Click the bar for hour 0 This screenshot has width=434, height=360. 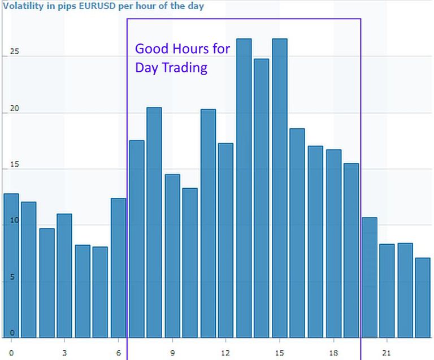pos(11,266)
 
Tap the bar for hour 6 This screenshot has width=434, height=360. pos(118,268)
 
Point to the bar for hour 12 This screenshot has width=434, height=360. pos(225,240)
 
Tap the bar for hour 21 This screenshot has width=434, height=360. pos(387,291)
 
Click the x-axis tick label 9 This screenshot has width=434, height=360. pos(172,353)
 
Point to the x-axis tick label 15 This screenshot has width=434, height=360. pos(279,353)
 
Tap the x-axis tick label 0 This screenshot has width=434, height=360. pos(11,353)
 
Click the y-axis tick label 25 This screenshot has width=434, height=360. pos(14,52)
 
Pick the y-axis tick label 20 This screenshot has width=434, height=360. pos(14,108)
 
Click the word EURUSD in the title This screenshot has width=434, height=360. pos(88,7)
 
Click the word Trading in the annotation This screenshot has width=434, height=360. pos(185,68)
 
